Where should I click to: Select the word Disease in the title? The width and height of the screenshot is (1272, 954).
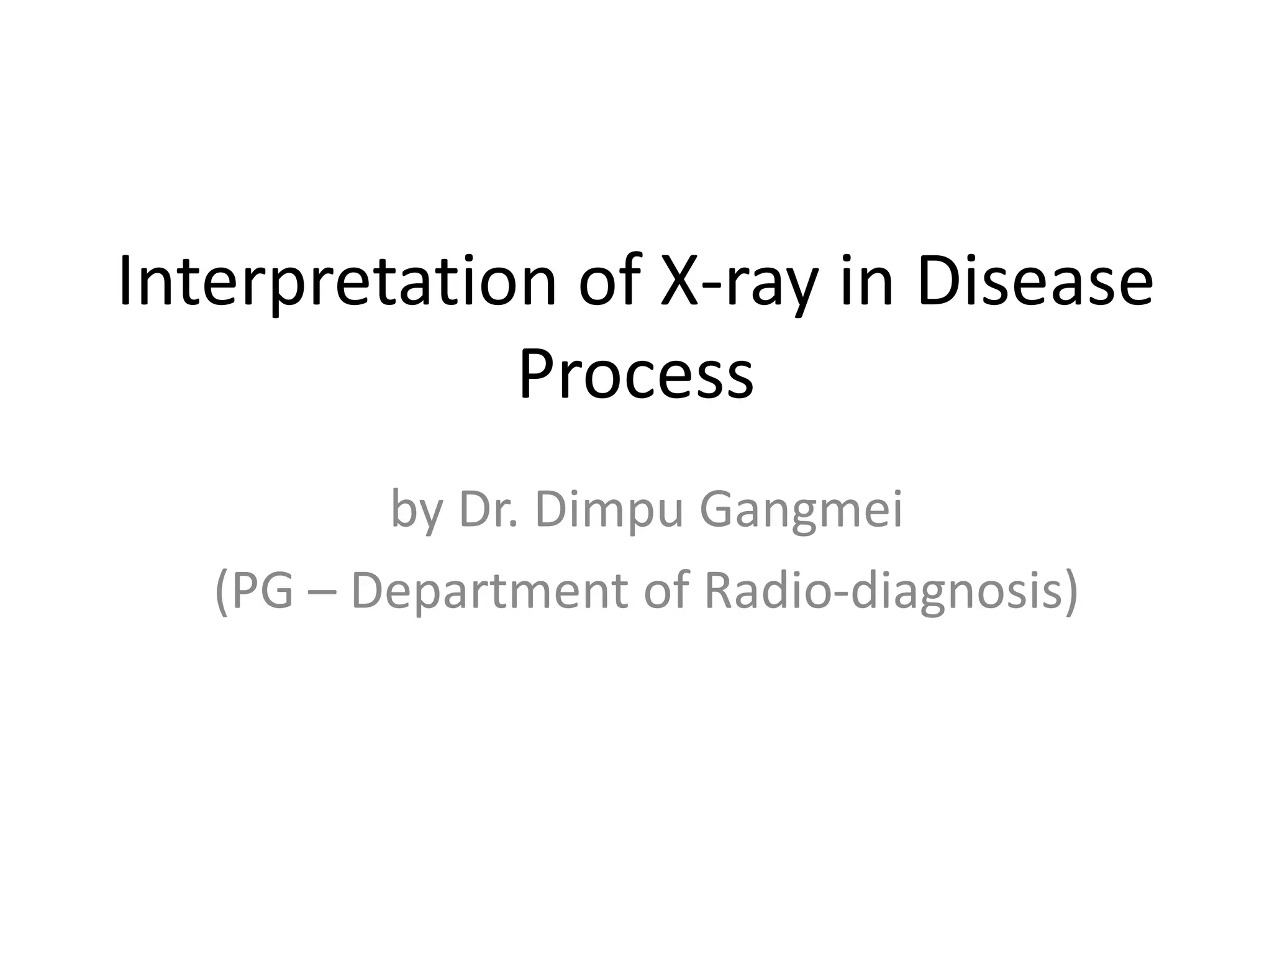(x=1035, y=283)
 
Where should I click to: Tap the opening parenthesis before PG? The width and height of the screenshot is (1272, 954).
(x=221, y=591)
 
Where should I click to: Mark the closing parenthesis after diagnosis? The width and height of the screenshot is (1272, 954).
(x=1070, y=591)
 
